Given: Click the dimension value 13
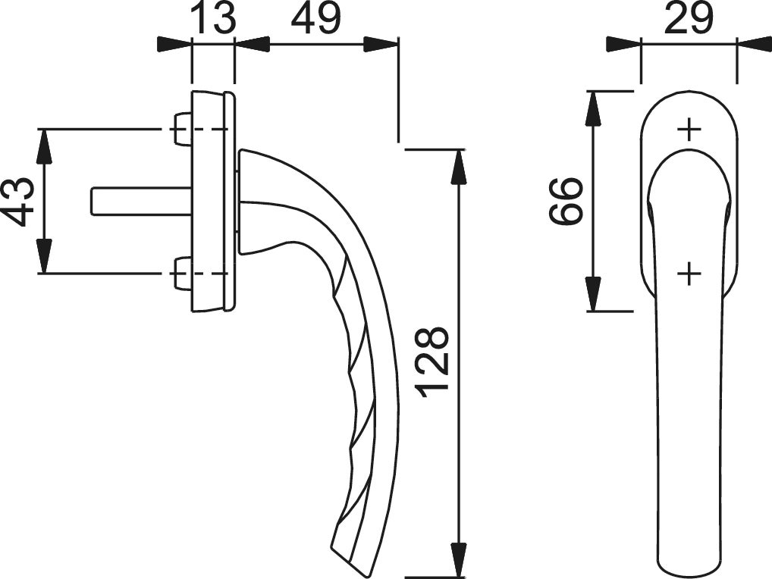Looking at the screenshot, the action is coord(212,17).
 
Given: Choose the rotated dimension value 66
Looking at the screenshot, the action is coord(566,201).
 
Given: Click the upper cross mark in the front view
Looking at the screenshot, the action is coord(689,130).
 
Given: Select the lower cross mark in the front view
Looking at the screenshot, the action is coord(689,273).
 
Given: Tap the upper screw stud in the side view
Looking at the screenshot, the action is coord(182,130).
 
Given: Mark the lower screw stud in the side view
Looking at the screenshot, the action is coord(182,273).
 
